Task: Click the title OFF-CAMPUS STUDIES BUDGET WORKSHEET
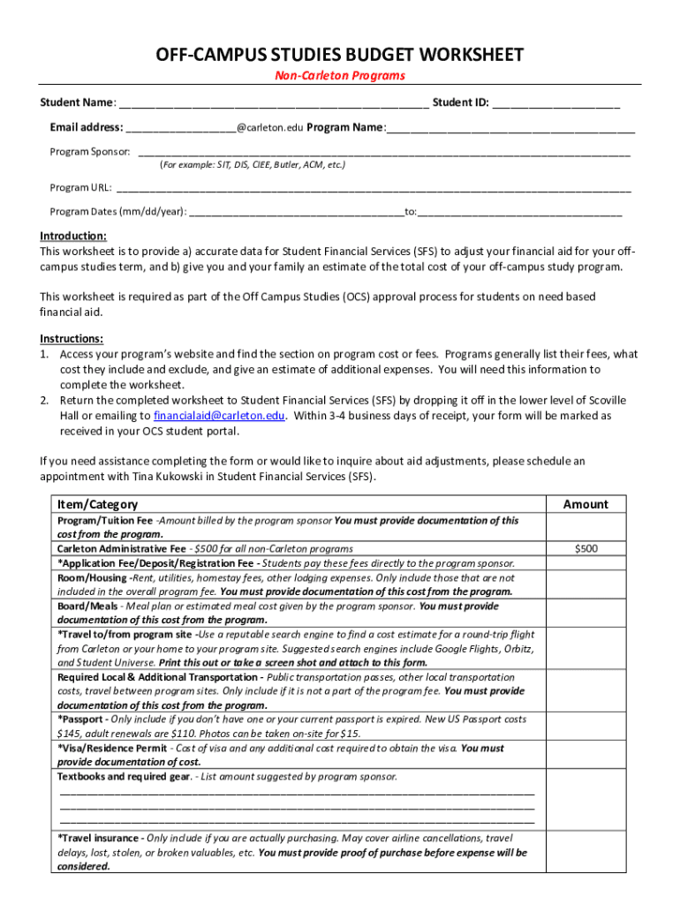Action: [340, 55]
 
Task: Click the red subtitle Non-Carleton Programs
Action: [340, 76]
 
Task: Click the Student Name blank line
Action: [274, 103]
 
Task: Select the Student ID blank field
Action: [555, 103]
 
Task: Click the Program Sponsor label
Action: [89, 152]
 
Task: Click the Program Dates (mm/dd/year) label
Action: [117, 212]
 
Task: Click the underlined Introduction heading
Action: [73, 237]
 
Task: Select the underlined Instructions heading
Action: [72, 339]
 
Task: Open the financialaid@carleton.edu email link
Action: [219, 415]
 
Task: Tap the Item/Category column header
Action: [97, 504]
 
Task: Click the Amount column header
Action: [586, 504]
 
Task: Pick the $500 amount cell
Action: [586, 548]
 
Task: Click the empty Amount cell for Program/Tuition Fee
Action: [586, 527]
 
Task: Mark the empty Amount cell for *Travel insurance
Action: [586, 852]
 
